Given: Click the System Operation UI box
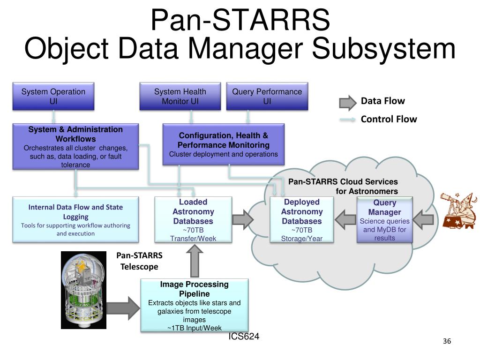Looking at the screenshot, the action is [x=53, y=96].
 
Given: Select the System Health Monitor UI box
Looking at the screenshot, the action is [x=180, y=96].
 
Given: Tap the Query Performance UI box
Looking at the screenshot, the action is [x=267, y=96].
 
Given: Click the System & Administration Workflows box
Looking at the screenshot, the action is [x=75, y=146].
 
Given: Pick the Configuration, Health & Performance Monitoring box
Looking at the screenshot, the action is [x=224, y=144].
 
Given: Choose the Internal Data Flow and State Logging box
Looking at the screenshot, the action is [x=75, y=219].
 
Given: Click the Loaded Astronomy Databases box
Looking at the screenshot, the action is [x=193, y=219].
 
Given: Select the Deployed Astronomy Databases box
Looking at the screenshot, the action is [x=302, y=219].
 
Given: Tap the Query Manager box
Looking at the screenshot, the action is [x=385, y=219].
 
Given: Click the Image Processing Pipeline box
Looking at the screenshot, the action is [x=195, y=305].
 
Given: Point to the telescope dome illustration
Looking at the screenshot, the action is [x=83, y=290].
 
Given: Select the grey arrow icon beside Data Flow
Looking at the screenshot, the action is [x=348, y=103].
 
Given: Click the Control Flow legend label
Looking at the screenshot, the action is [x=389, y=119].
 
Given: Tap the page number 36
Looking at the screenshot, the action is [x=447, y=341].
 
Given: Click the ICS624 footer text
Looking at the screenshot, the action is [x=244, y=337].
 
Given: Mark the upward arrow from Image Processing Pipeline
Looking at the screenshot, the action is [x=195, y=261].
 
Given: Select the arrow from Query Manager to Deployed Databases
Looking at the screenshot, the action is [x=345, y=219].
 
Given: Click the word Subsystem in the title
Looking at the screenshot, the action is [x=383, y=49].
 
